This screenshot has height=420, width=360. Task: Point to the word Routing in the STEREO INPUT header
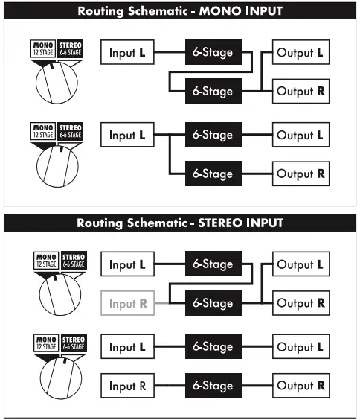(x=103, y=223)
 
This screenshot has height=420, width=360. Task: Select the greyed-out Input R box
(x=128, y=303)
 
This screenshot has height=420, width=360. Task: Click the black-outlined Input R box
(x=128, y=386)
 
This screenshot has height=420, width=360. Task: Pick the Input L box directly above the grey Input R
(x=128, y=264)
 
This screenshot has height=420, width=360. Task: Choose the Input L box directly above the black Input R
(x=128, y=347)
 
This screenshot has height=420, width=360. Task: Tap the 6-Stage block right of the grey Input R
(x=213, y=303)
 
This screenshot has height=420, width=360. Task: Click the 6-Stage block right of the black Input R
(x=213, y=386)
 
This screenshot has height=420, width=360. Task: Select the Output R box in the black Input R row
(x=300, y=386)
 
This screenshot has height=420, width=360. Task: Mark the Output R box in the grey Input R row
(x=300, y=303)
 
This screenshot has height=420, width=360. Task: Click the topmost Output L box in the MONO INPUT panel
(x=300, y=53)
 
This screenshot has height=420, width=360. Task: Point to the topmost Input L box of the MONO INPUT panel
(x=128, y=53)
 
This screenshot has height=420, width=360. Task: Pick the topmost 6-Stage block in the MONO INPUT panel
(x=213, y=53)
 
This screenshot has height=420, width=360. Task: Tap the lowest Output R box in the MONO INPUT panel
(x=300, y=174)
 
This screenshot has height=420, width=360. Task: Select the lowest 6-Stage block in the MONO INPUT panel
(x=213, y=174)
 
